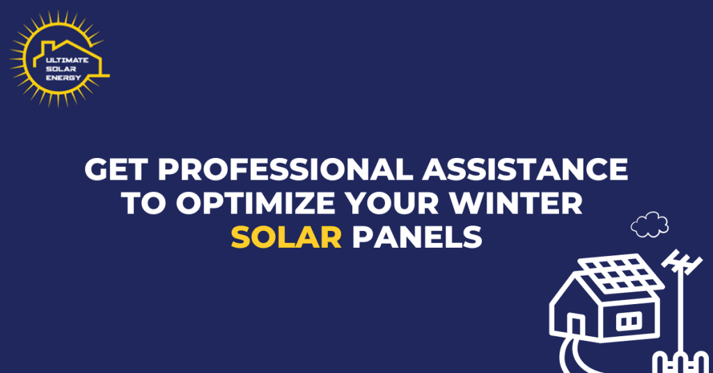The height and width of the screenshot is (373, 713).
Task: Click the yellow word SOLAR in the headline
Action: (286, 237)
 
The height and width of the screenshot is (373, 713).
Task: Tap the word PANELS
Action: (416, 237)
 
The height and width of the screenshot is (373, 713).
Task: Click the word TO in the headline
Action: (143, 204)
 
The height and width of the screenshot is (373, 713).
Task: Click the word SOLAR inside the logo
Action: (60, 69)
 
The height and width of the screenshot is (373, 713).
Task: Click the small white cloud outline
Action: (650, 224)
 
